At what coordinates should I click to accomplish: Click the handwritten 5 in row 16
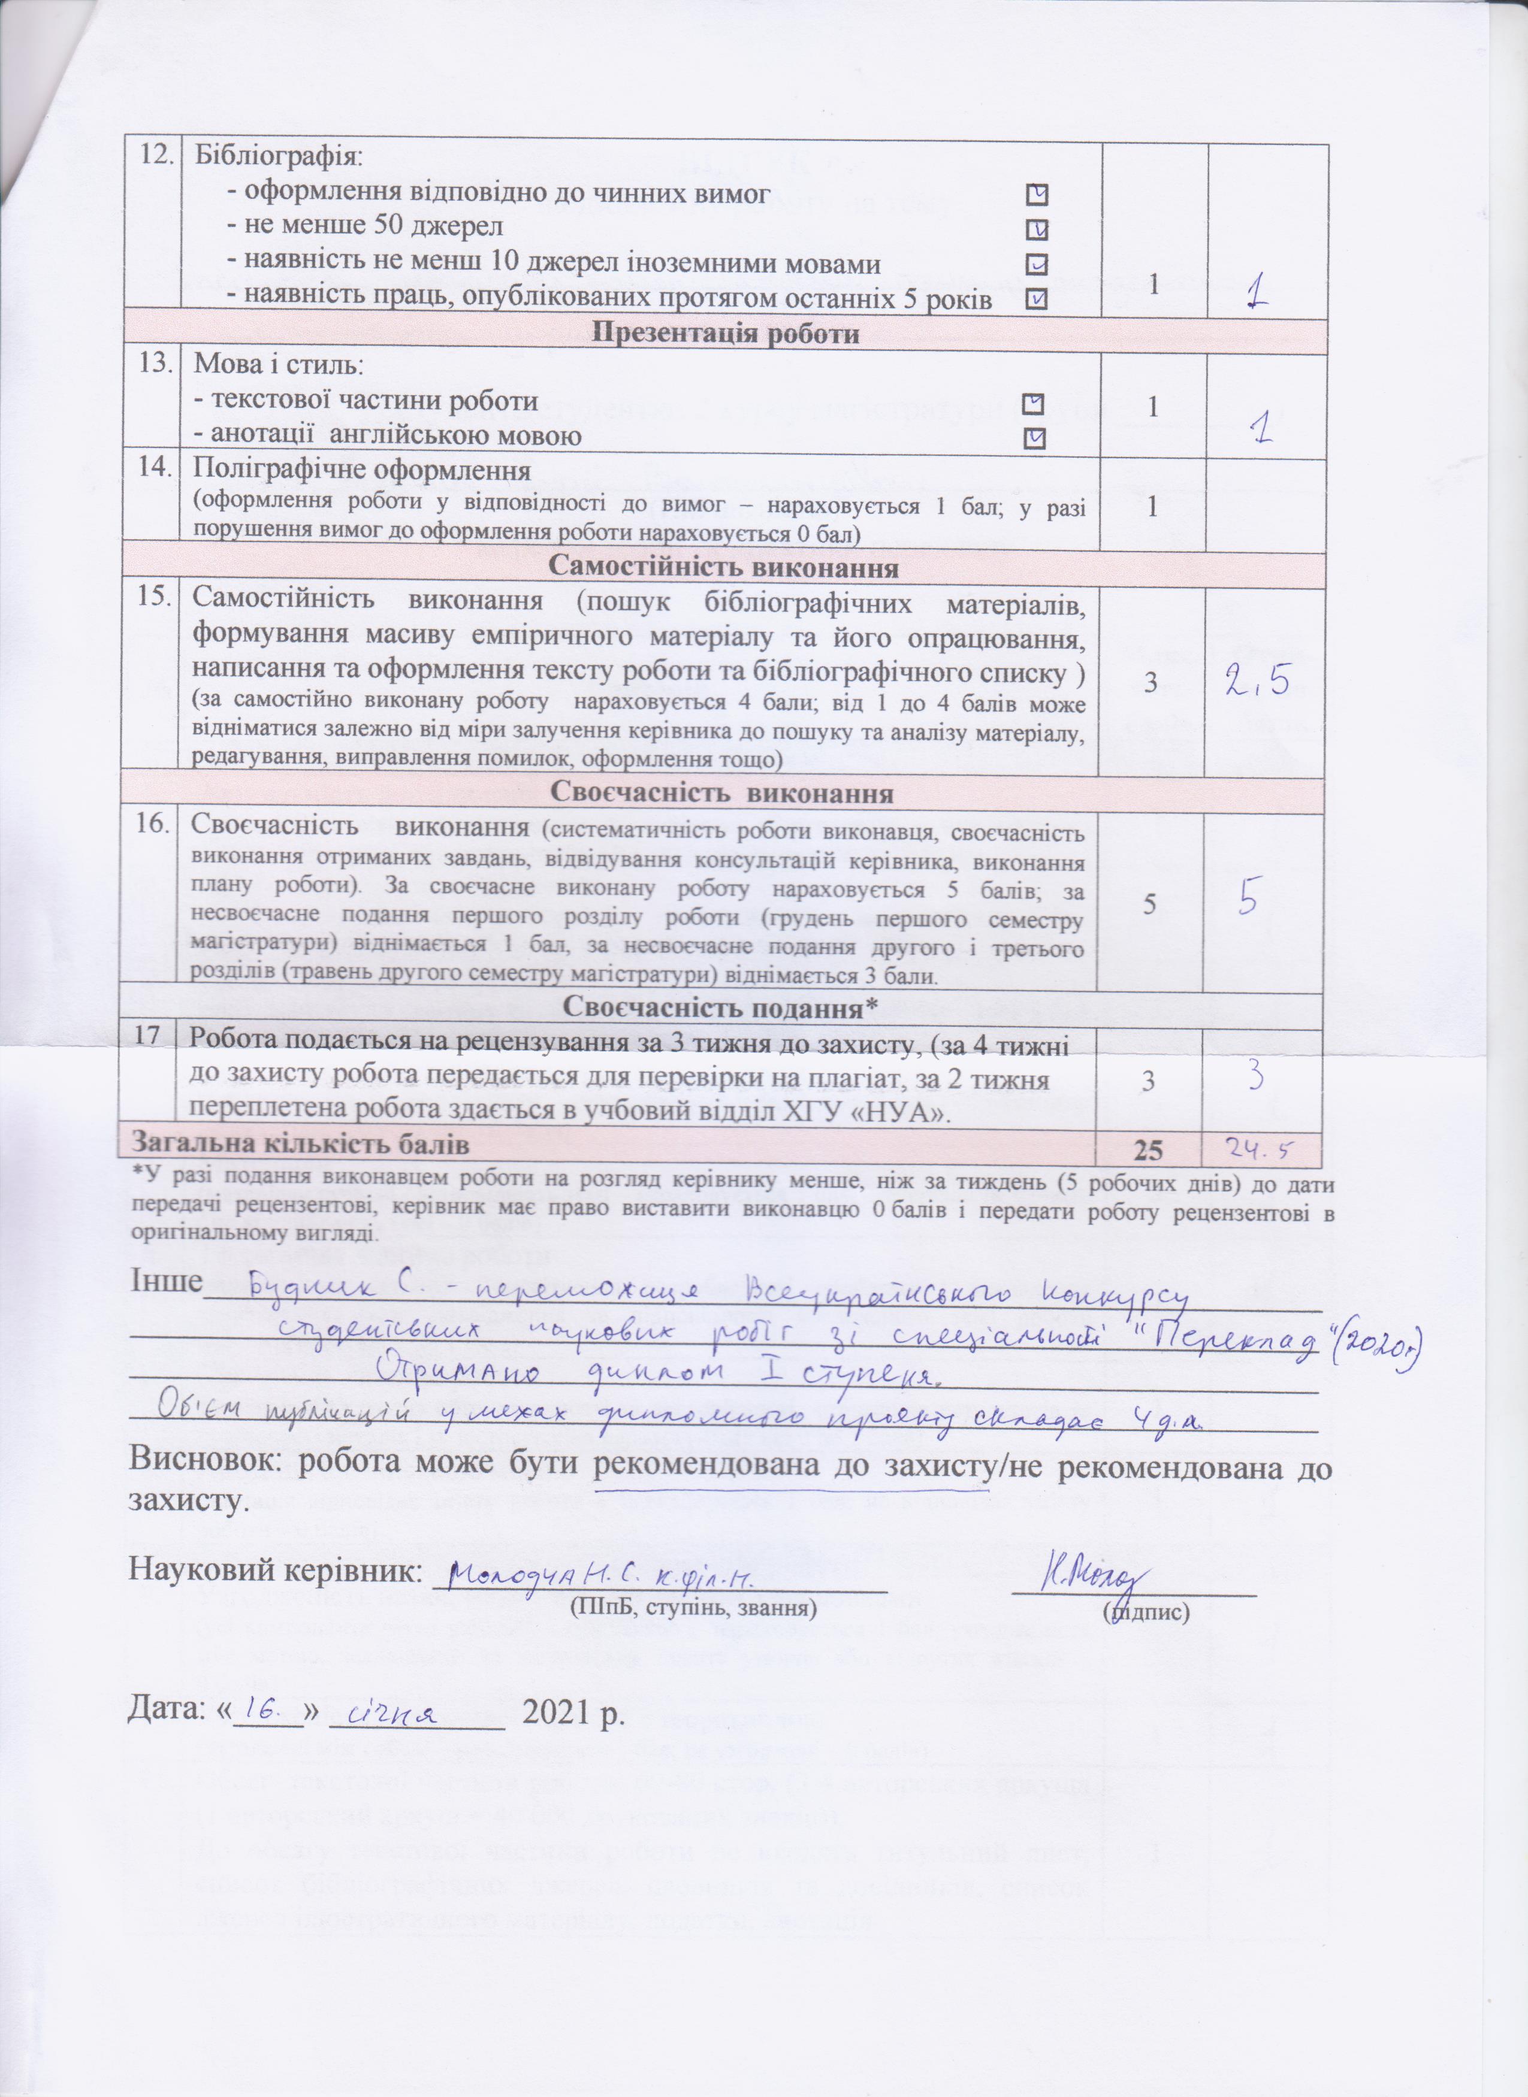pyautogui.click(x=1247, y=898)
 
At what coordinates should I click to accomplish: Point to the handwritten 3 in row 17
pyautogui.click(x=1254, y=1078)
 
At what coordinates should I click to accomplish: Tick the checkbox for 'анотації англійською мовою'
pyautogui.click(x=1037, y=437)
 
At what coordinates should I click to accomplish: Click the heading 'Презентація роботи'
pyautogui.click(x=724, y=334)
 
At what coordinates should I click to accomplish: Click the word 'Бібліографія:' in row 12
pyautogui.click(x=279, y=155)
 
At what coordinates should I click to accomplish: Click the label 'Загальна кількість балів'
pyautogui.click(x=301, y=1145)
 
